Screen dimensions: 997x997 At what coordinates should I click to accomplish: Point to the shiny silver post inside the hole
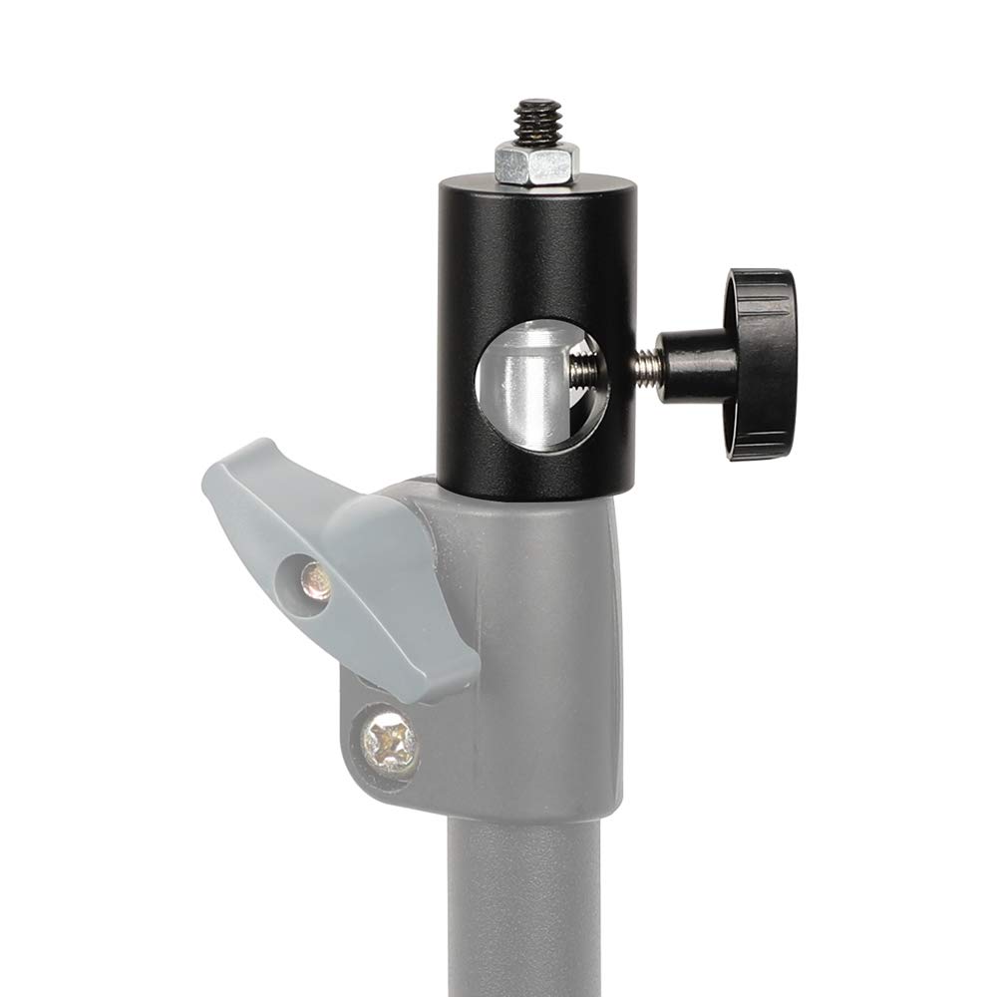[527, 379]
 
